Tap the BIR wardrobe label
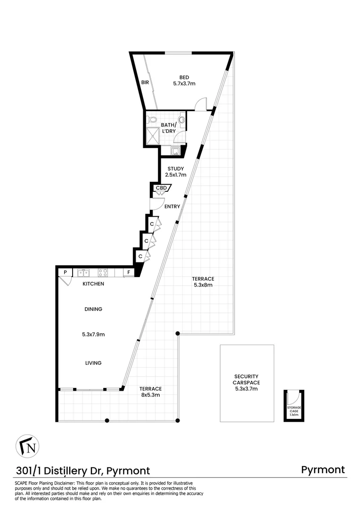click(x=145, y=82)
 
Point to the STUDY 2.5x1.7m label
click(x=175, y=172)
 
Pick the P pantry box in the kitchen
click(x=65, y=272)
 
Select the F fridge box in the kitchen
click(x=128, y=272)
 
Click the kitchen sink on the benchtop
click(x=84, y=272)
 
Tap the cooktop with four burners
click(x=103, y=272)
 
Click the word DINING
click(x=93, y=309)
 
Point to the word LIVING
click(x=93, y=362)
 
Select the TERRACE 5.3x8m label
click(x=204, y=282)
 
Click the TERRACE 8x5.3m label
click(x=150, y=392)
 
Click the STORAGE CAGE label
click(x=294, y=410)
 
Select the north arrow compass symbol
click(x=28, y=446)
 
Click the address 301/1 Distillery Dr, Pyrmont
click(x=83, y=470)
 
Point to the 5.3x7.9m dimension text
click(x=93, y=335)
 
